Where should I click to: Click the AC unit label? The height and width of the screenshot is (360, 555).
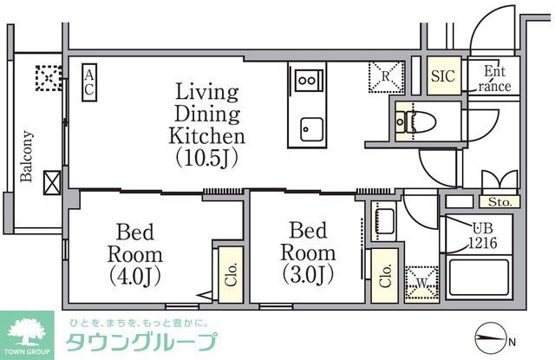pos(89,83)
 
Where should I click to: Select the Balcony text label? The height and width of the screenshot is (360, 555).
pos(27,156)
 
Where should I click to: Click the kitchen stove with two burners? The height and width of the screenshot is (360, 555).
pos(306,81)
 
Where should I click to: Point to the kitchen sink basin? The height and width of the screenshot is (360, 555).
pos(308,130)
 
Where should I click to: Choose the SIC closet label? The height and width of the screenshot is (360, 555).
pos(443,75)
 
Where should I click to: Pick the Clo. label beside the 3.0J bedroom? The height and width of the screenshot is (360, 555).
pos(382,276)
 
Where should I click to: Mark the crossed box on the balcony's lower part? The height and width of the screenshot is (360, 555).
pos(52,183)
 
